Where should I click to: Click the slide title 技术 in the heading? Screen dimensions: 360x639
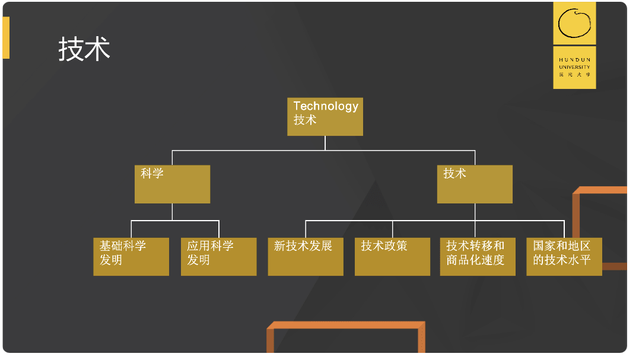(84, 49)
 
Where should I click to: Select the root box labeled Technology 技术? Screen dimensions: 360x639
(325, 117)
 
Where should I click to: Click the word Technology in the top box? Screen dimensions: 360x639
(326, 106)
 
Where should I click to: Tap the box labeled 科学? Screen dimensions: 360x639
(172, 184)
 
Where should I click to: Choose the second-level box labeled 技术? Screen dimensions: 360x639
(475, 184)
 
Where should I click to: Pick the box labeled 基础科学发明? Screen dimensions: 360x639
(131, 256)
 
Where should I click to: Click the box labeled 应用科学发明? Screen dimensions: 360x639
(218, 256)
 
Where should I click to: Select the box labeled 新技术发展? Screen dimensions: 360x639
(306, 256)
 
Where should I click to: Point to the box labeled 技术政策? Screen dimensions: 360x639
(392, 256)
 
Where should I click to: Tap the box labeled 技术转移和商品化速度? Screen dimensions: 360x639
(478, 256)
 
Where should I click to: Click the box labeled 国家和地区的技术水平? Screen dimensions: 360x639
(564, 256)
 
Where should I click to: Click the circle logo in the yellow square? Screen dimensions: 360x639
(574, 23)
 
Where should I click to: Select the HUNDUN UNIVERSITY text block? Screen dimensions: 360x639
(574, 67)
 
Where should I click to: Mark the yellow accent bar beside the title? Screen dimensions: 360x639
(6, 38)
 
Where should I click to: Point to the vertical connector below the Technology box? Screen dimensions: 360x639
(325, 143)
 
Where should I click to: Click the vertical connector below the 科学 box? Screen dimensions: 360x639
(172, 212)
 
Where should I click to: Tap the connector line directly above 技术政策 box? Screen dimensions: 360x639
(392, 229)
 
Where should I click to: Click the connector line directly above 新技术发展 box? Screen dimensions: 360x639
(306, 229)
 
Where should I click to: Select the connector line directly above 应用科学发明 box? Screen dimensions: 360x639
(219, 229)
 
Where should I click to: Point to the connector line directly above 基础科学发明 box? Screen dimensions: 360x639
(131, 229)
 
